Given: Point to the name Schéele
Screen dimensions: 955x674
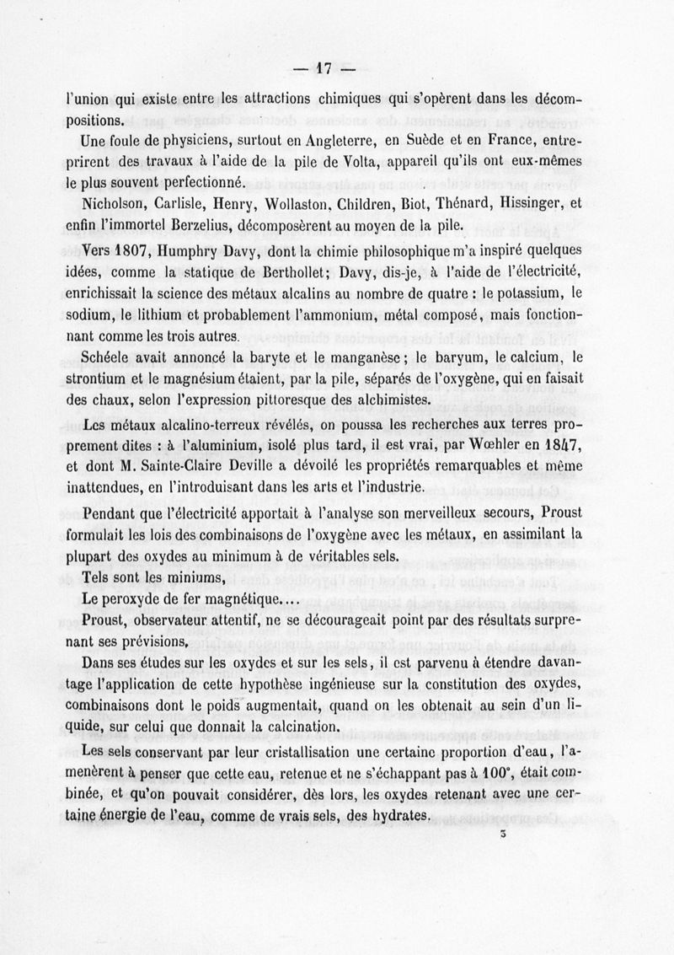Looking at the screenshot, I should point(113,358).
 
